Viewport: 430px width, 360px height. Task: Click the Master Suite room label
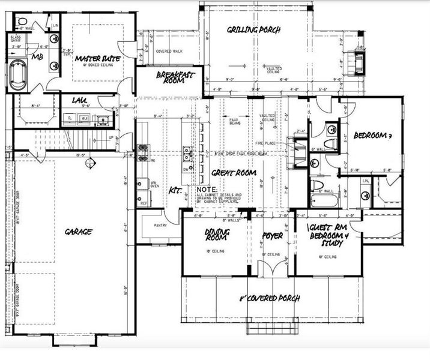point(96,59)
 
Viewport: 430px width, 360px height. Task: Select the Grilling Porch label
point(254,29)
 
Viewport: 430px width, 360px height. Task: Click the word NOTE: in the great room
point(208,188)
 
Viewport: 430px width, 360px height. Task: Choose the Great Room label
point(234,173)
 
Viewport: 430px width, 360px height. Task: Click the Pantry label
point(150,226)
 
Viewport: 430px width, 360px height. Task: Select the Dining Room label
point(214,235)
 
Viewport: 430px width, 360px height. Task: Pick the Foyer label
point(272,236)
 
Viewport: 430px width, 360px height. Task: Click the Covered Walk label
point(169,52)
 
